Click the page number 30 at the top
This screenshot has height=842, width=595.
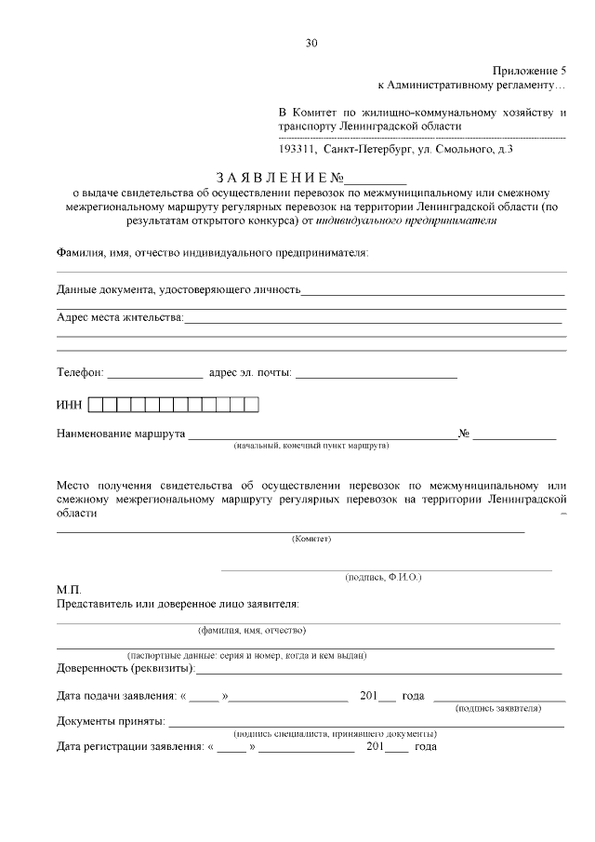click(311, 42)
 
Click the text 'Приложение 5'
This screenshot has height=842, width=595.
click(529, 71)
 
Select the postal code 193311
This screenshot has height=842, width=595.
click(297, 148)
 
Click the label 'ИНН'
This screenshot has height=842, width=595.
click(70, 405)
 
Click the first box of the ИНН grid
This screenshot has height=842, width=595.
click(96, 405)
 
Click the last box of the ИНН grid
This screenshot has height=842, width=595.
click(251, 405)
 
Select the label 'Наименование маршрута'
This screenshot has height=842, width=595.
click(121, 434)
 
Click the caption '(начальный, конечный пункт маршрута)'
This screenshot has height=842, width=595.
click(311, 446)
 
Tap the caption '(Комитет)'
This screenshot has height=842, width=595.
click(311, 538)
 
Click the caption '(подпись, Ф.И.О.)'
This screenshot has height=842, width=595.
click(383, 578)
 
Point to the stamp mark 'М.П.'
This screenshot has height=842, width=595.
click(69, 590)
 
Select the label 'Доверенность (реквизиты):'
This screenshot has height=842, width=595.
click(126, 668)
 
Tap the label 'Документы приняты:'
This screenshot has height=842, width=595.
click(111, 721)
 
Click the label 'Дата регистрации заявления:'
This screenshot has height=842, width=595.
click(129, 746)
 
